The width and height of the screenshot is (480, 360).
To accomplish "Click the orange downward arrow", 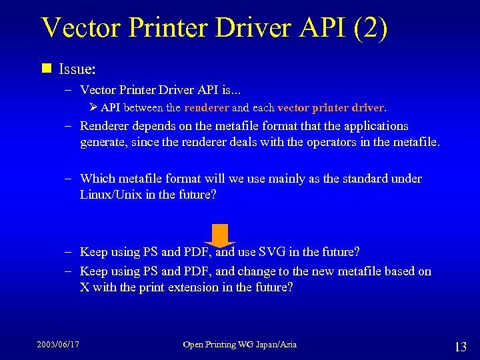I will tap(219, 235).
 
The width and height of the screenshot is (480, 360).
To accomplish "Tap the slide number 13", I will tap(460, 347).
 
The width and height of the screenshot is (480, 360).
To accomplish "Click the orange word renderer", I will tap(207, 107).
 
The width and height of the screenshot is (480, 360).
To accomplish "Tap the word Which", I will tap(97, 179).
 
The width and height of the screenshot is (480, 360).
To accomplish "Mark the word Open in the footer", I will tap(194, 345).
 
